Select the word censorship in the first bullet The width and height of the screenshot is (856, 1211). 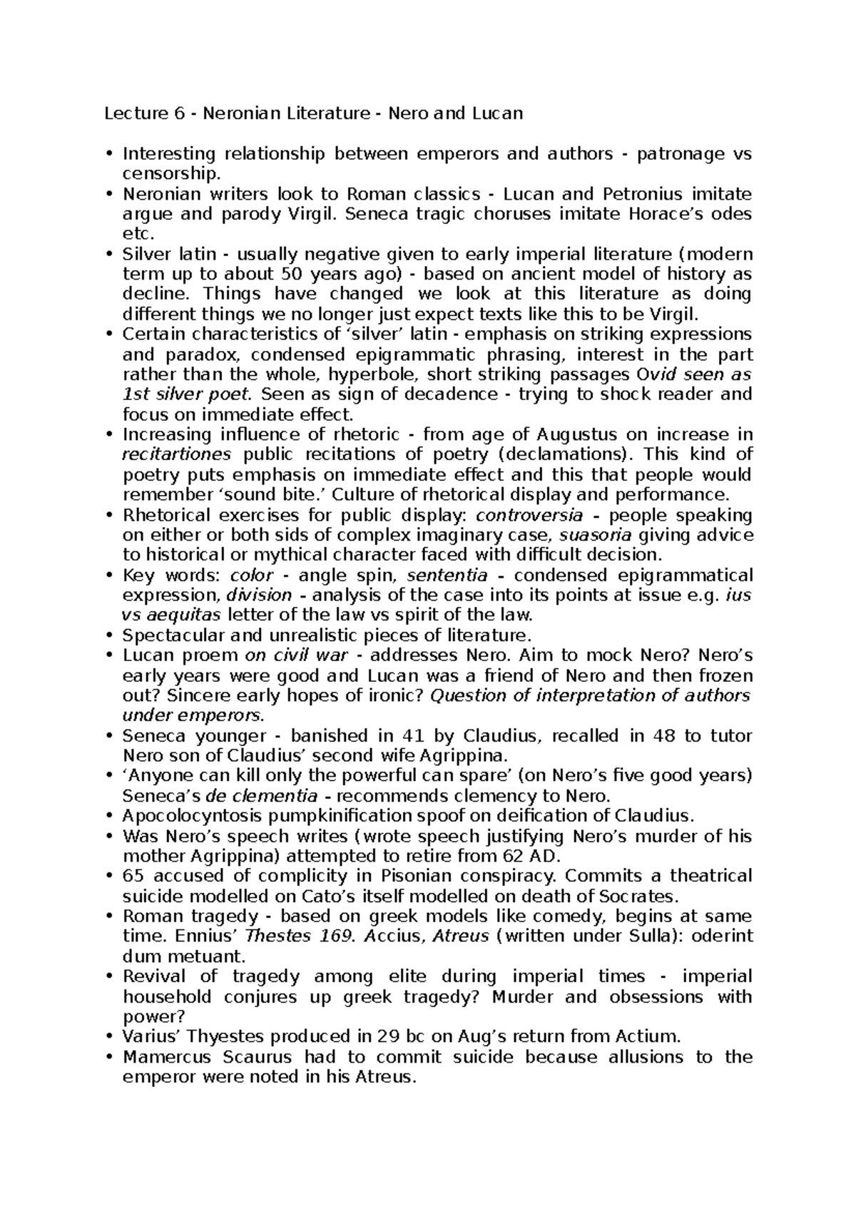(167, 174)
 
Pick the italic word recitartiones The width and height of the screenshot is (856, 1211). (176, 454)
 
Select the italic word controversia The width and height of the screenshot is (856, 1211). (529, 515)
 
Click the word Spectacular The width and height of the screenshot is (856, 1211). (165, 635)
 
